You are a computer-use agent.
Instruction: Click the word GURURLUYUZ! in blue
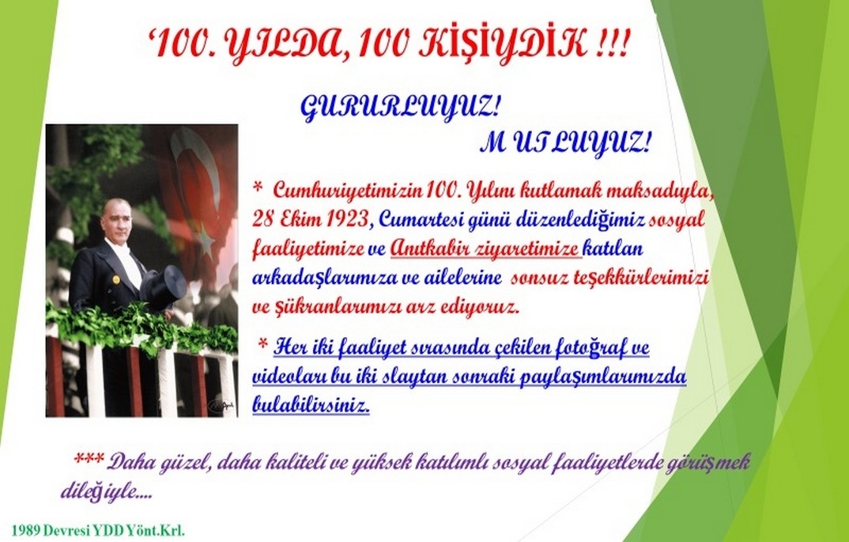tap(399, 109)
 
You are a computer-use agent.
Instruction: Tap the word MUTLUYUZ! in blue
tap(565, 145)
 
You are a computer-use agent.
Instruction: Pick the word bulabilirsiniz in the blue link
tap(311, 404)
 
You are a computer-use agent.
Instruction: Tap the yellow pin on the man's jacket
tap(115, 279)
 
